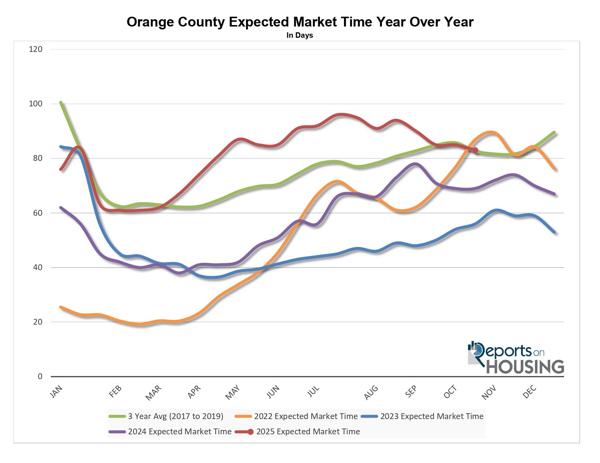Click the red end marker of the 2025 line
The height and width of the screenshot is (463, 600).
(475, 150)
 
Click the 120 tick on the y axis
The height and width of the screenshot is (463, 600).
(36, 49)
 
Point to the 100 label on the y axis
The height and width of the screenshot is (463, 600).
(36, 103)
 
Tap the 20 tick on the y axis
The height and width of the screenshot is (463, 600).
(37, 322)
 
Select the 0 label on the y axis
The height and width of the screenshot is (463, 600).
(40, 376)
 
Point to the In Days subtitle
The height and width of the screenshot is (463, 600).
(300, 36)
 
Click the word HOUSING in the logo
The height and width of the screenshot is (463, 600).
(525, 366)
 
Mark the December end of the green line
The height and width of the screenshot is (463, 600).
(554, 132)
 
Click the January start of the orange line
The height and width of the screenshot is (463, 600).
(61, 307)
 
